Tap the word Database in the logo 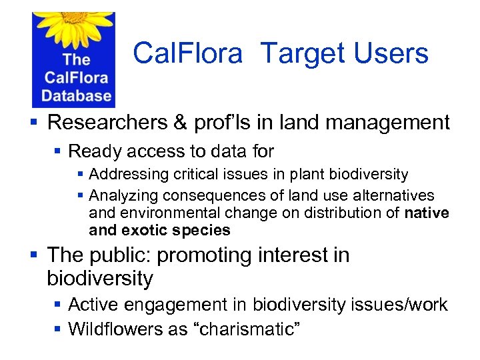76,95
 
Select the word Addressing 129,175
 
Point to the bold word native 427,213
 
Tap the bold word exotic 145,231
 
